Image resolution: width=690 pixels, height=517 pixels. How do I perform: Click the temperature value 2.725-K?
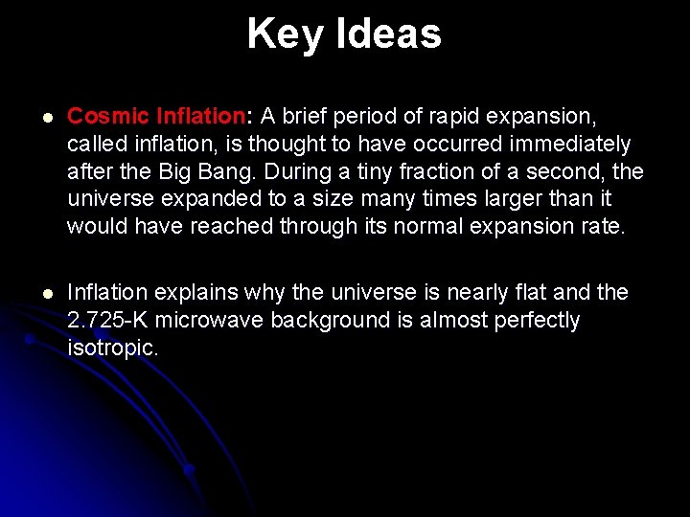pyautogui.click(x=109, y=320)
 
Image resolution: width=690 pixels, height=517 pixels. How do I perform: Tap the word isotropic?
pyautogui.click(x=112, y=348)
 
